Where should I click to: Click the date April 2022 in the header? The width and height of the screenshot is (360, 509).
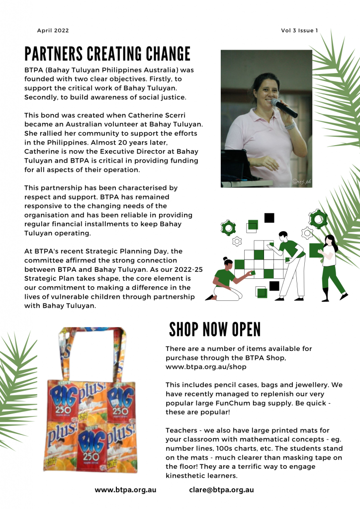point(53,31)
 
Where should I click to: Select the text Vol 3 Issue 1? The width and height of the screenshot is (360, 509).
point(299,31)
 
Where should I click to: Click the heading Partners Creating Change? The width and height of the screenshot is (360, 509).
point(107,53)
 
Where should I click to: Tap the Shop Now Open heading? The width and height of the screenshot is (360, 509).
point(214,329)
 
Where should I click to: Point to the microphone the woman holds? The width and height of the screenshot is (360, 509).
point(284,108)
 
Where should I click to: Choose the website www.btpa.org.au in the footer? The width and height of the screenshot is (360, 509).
point(125,490)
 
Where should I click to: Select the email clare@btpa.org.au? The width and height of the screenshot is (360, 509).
point(221,490)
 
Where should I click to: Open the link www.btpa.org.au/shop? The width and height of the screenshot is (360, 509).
point(205,367)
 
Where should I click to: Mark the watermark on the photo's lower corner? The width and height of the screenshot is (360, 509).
point(301,182)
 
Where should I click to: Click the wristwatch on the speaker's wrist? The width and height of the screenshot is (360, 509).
point(290,126)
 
